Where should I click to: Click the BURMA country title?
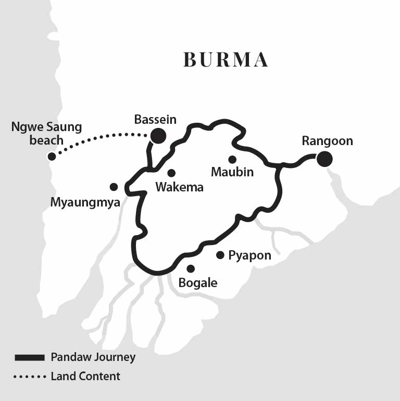226,60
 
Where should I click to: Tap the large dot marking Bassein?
158,136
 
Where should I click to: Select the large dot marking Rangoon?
325,159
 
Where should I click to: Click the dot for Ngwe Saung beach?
51,156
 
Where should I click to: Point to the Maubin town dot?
232,159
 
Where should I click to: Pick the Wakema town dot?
171,173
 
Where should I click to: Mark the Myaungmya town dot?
114,187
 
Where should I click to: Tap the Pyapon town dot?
220,255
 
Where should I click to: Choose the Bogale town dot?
191,269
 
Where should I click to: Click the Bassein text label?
155,120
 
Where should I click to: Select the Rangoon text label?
327,141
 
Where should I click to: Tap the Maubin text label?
232,172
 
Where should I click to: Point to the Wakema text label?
179,187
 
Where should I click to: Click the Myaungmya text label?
85,202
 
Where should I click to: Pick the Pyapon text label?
250,256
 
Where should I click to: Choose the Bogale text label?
197,283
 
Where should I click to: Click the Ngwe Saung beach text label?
46,133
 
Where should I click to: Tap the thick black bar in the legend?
30,357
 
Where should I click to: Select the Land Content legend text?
85,376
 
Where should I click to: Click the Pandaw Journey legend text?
93,357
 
